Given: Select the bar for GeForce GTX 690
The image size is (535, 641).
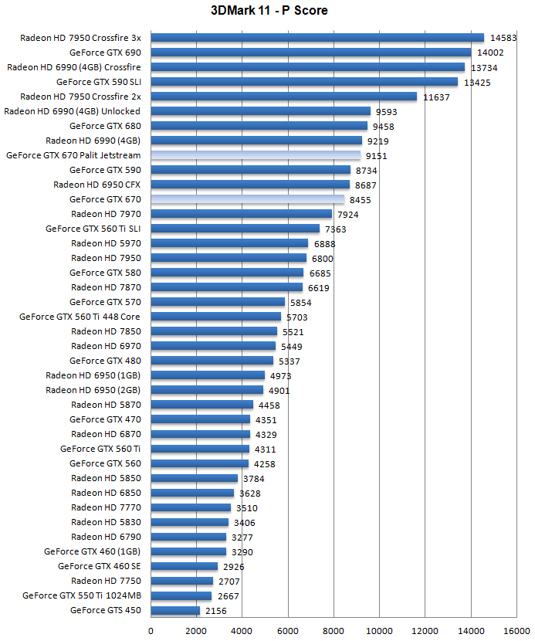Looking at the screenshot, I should pyautogui.click(x=310, y=53).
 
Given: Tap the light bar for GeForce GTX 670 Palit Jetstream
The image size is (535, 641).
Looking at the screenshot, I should pyautogui.click(x=256, y=155).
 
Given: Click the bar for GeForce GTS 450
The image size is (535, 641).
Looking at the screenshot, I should pyautogui.click(x=175, y=610).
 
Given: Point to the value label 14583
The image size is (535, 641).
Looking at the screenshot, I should pyautogui.click(x=503, y=38).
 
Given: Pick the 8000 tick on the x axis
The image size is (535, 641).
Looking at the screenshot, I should pyautogui.click(x=334, y=630).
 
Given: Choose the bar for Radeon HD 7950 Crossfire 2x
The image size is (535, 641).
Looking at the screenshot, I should pyautogui.click(x=283, y=97).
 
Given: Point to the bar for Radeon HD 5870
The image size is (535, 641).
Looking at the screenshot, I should pyautogui.click(x=201, y=405).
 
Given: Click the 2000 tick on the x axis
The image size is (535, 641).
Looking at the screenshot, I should pyautogui.click(x=196, y=630).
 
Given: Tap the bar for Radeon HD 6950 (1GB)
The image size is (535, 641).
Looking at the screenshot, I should pyautogui.click(x=208, y=375).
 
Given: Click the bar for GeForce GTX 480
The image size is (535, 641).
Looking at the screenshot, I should pyautogui.click(x=212, y=361).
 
